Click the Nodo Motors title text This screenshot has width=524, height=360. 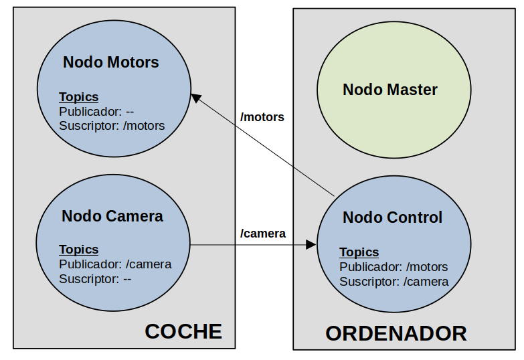tap(111, 63)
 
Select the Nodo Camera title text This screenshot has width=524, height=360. tap(112, 216)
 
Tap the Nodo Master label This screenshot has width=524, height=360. tap(390, 90)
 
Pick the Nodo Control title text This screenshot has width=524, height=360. tap(392, 217)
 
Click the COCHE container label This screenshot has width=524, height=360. tap(183, 331)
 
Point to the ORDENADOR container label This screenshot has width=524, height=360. tap(396, 333)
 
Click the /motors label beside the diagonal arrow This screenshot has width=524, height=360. tap(262, 117)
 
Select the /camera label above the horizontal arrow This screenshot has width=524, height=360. tap(263, 234)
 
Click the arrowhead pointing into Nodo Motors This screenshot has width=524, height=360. tap(195, 98)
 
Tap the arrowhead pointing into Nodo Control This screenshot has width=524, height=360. tap(311, 245)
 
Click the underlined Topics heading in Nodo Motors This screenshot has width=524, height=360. tap(78, 96)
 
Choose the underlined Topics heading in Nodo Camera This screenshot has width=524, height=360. tap(78, 250)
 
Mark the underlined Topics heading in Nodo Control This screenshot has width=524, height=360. tap(359, 252)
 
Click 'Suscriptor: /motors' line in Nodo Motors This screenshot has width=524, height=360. tap(112, 125)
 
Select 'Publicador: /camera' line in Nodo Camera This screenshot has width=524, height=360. tap(115, 264)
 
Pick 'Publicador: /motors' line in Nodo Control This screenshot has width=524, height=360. tap(394, 267)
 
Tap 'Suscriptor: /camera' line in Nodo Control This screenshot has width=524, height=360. tap(394, 282)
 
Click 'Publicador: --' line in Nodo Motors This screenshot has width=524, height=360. tap(96, 111)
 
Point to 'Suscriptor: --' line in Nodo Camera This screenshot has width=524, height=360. tap(94, 278)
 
